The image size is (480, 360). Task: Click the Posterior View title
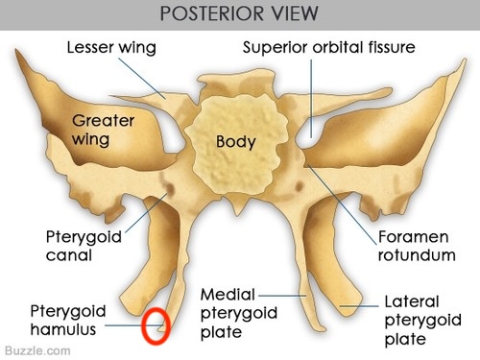click(239, 15)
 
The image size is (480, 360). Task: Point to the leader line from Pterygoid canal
click(144, 214)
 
